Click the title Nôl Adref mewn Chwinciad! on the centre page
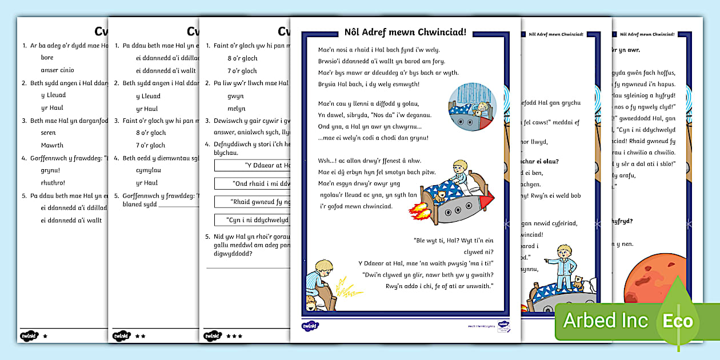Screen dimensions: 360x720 tap(405, 32)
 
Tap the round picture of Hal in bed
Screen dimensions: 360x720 tap(472, 107)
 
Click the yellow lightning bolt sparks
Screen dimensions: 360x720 tap(342, 286)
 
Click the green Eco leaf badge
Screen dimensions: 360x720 tap(678, 321)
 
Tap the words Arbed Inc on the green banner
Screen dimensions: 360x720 tap(605, 321)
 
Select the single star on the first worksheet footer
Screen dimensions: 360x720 tap(45, 336)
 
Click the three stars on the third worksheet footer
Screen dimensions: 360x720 tap(234, 336)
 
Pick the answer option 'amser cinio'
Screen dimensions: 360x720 tap(57, 70)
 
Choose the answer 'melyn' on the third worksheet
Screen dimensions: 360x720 tap(236, 109)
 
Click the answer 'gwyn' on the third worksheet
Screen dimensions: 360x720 tap(235, 96)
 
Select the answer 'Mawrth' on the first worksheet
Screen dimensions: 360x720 tap(52, 145)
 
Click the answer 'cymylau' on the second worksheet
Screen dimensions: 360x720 tap(149, 170)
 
